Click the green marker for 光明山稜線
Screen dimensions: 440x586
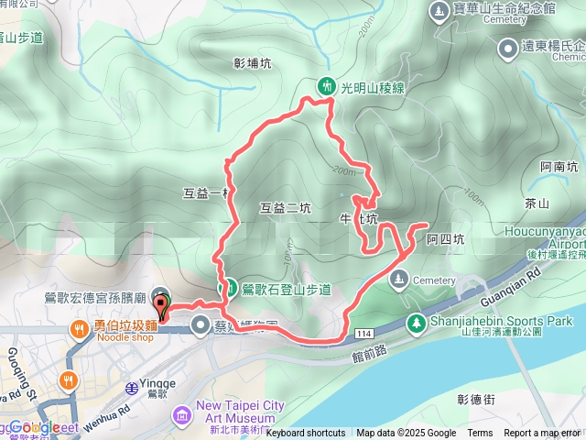pos(326,86)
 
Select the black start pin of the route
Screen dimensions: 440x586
pos(162,303)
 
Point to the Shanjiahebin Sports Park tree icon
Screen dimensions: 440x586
pos(417,323)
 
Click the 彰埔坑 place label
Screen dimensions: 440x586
pos(252,64)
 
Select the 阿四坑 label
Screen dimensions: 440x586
pos(446,239)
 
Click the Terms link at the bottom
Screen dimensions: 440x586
pos(480,433)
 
